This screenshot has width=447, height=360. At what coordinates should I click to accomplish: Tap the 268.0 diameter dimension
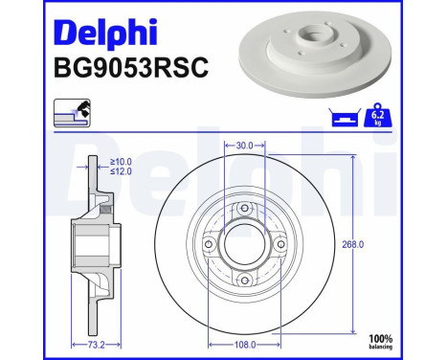(353, 245)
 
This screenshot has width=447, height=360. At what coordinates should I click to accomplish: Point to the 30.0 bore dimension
(244, 146)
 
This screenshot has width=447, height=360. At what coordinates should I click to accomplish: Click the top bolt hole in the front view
(244, 209)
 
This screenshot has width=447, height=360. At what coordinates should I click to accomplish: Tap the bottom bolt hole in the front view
(244, 281)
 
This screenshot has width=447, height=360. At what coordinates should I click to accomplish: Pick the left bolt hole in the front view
(209, 245)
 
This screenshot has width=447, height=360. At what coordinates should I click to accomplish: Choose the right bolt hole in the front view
(280, 245)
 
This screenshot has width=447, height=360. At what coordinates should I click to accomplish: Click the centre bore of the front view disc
(244, 245)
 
